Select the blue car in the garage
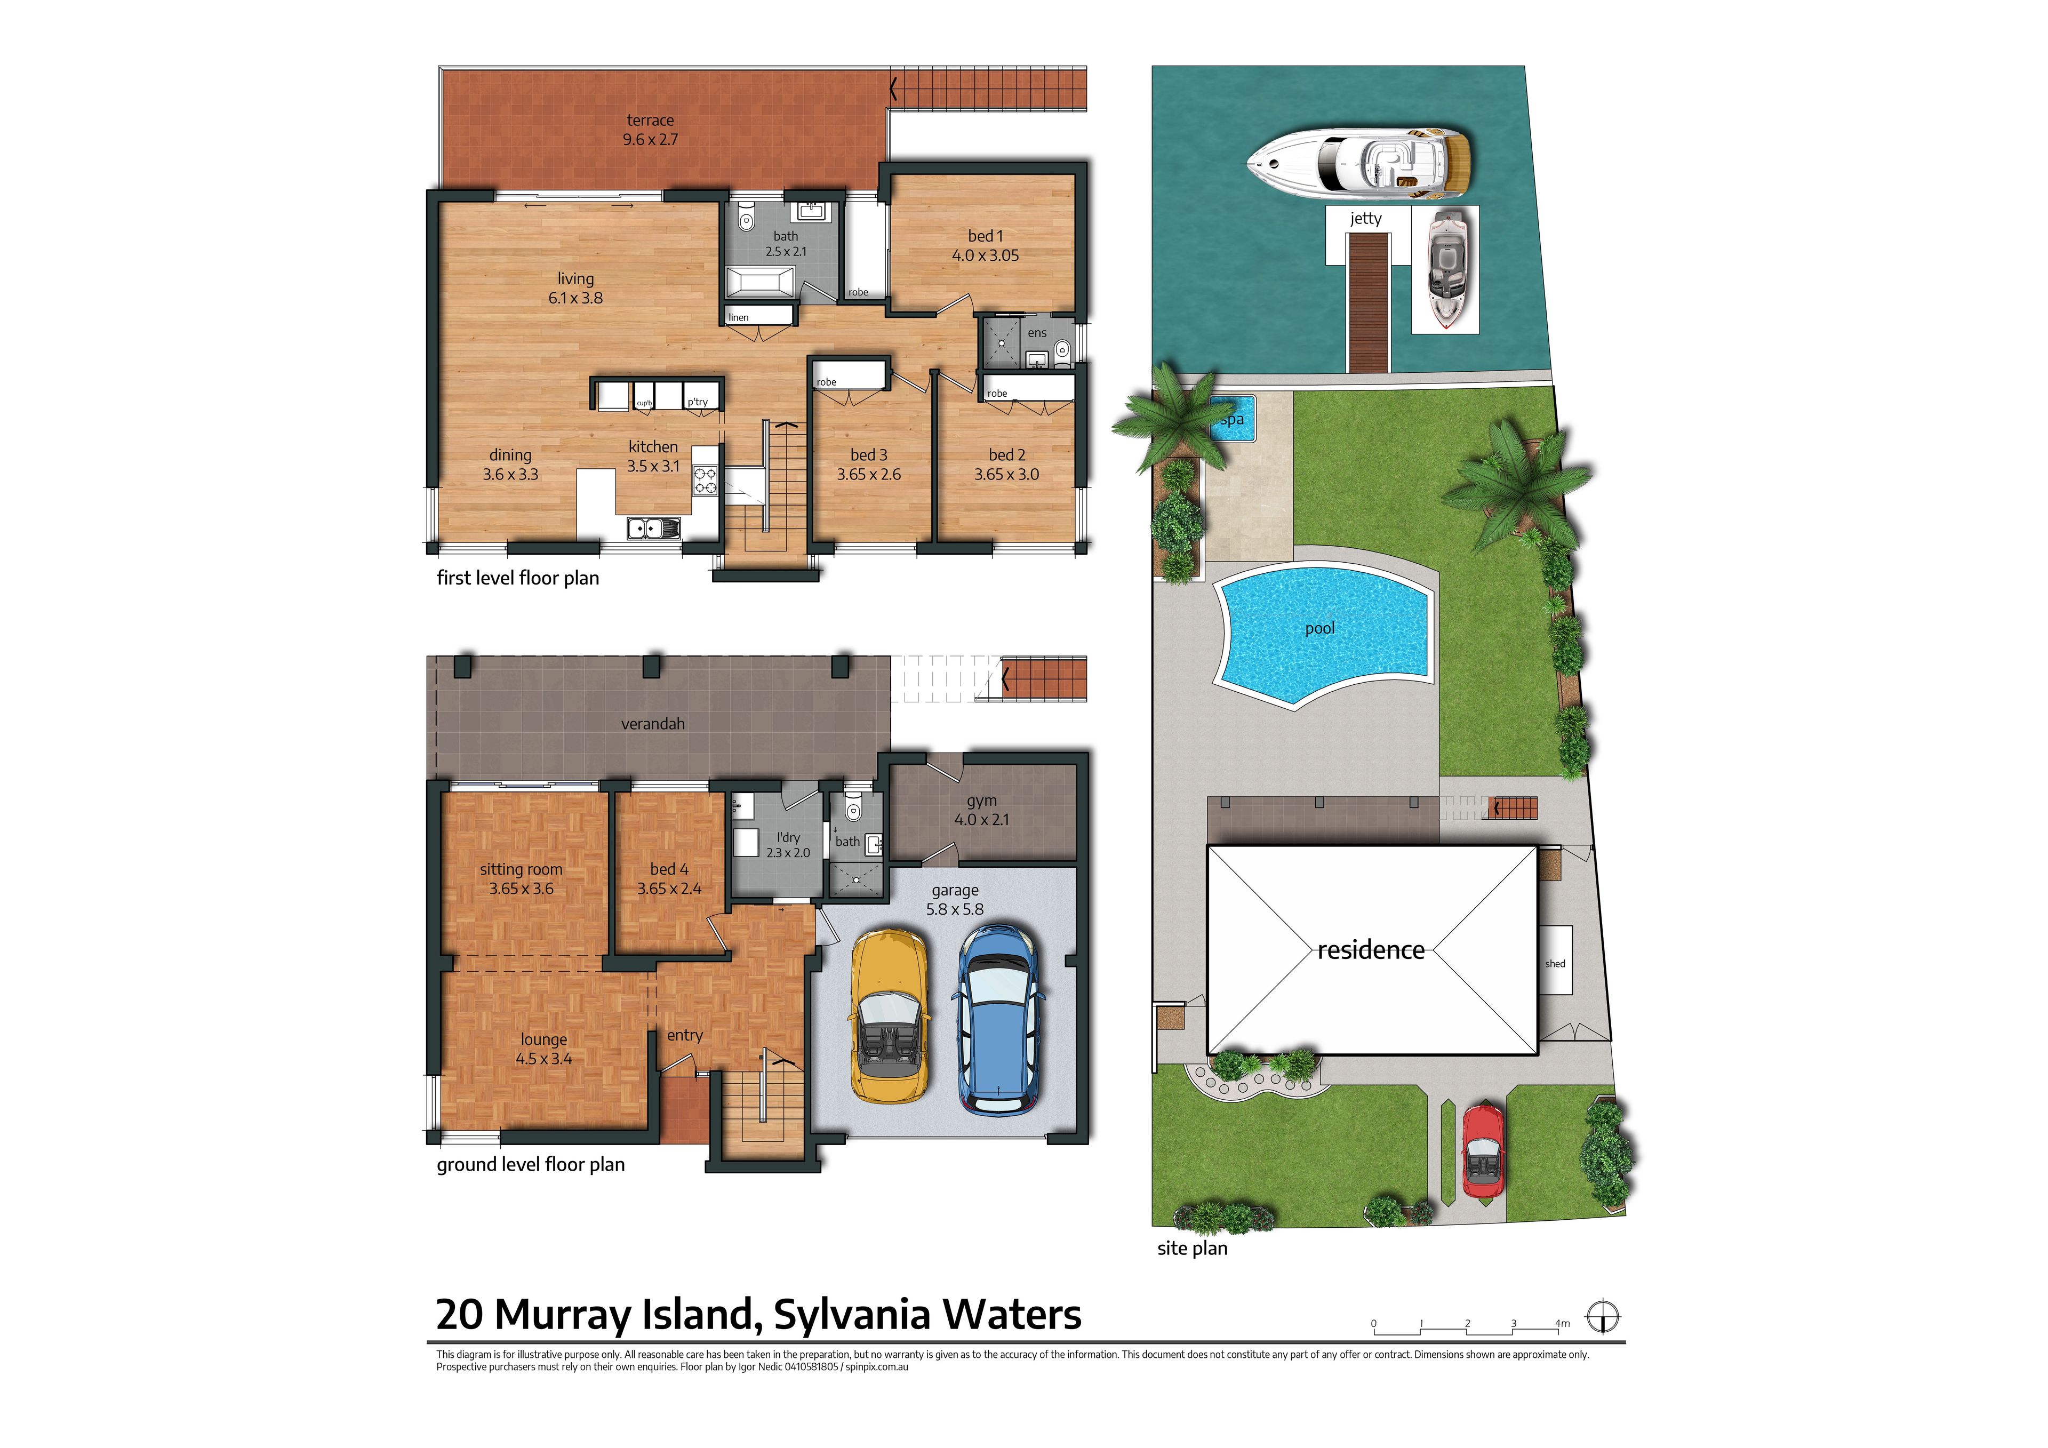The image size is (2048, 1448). click(x=999, y=1020)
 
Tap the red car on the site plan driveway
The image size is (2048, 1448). click(x=1483, y=1151)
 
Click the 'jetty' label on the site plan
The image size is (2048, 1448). click(x=1366, y=219)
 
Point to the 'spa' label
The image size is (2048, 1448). click(x=1232, y=419)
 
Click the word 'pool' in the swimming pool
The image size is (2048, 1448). click(x=1319, y=628)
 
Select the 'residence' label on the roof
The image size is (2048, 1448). click(x=1371, y=950)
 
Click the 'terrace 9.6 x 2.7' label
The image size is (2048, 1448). click(x=650, y=130)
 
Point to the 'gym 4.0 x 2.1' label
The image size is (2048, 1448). click(x=981, y=810)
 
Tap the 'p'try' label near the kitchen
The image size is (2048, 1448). click(x=698, y=402)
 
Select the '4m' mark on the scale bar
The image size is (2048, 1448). click(x=1562, y=1323)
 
